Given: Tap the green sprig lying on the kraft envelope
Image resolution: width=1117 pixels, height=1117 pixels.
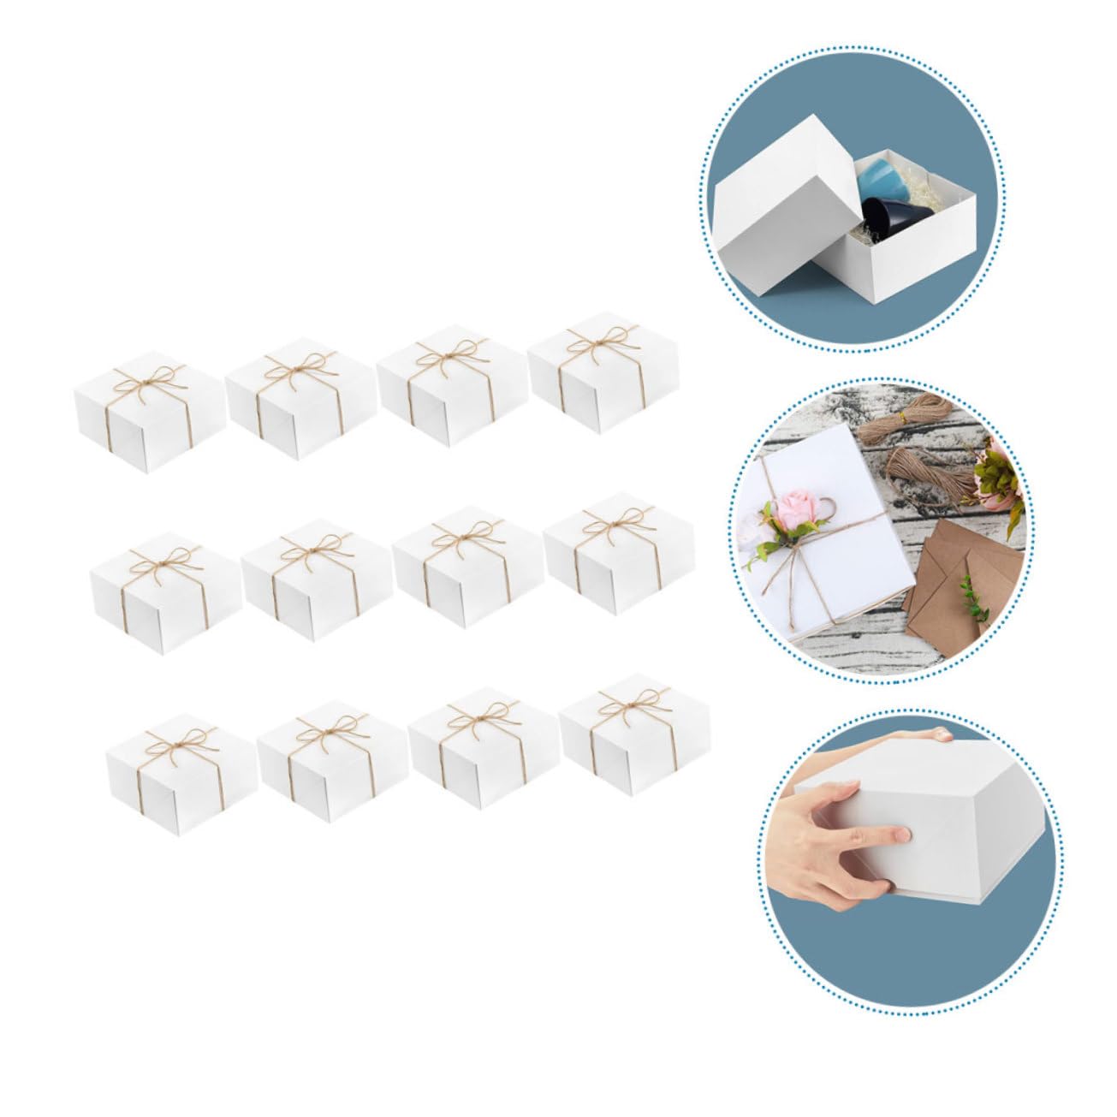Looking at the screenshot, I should tap(971, 595).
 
